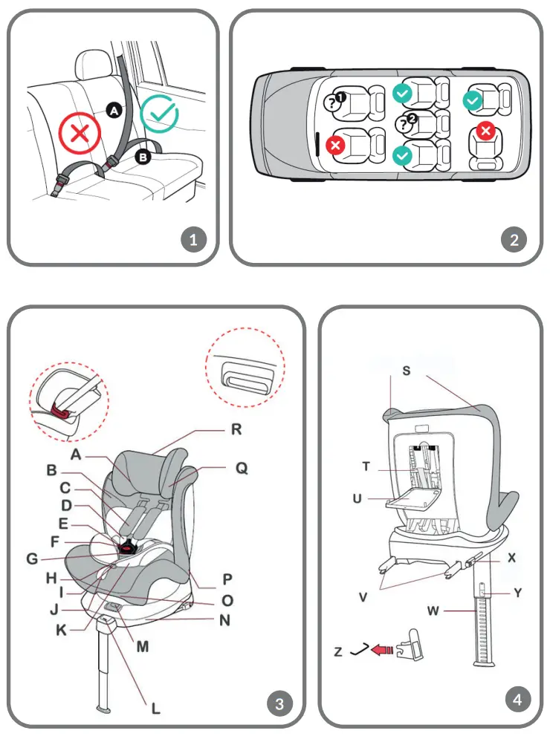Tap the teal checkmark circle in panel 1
point(159,112)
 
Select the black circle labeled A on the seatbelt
point(114,110)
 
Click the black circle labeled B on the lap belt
point(143,157)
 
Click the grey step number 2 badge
point(514,240)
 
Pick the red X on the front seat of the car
point(335,145)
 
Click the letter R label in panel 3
point(237,430)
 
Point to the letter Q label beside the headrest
point(242,469)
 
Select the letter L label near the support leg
point(155,708)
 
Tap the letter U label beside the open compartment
point(357,499)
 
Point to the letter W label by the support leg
point(433,611)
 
